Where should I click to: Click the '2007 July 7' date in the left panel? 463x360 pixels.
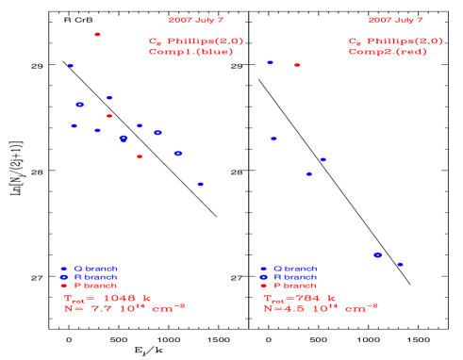196,20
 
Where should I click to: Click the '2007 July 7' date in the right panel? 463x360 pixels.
396,20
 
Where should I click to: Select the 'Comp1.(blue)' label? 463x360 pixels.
190,52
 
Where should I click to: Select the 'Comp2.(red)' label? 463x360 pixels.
388,52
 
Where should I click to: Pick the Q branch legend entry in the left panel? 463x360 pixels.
89,269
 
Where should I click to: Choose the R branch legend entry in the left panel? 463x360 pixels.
89,277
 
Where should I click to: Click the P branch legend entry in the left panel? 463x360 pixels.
89,285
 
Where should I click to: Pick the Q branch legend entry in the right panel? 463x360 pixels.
289,269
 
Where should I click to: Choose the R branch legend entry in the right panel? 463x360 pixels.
289,277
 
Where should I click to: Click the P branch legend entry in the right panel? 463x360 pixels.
289,285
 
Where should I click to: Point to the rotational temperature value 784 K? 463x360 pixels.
300,298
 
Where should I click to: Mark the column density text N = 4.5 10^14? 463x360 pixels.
321,308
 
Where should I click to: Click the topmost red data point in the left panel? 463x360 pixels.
97,34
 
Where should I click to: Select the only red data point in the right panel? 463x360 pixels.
297,65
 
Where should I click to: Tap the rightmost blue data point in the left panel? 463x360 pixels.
200,184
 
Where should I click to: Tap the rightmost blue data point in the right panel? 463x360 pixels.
400,264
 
